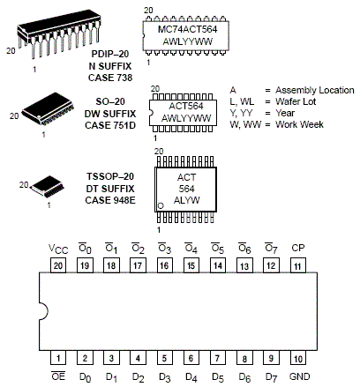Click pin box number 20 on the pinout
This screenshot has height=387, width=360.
[x=58, y=265]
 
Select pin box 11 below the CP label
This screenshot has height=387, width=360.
[x=298, y=265]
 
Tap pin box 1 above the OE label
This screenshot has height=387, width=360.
[x=58, y=358]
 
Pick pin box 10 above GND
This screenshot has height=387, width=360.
[x=298, y=358]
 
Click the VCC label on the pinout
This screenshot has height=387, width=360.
[x=58, y=249]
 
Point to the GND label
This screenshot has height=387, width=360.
[x=299, y=376]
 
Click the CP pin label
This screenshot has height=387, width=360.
[x=298, y=248]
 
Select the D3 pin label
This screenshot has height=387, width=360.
[x=165, y=377]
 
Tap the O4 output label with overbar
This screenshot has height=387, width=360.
[x=191, y=249]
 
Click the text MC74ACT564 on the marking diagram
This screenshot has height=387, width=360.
[x=188, y=29]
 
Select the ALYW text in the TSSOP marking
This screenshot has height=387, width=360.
[x=187, y=200]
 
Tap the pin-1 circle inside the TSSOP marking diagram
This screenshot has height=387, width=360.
[x=161, y=205]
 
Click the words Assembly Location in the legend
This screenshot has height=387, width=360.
[x=315, y=90]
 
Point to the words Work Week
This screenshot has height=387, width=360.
[x=299, y=124]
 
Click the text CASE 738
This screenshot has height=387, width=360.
[x=110, y=78]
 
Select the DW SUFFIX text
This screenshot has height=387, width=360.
[x=110, y=114]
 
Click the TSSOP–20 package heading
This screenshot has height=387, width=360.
[x=110, y=176]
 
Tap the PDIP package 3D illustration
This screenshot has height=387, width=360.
[x=59, y=33]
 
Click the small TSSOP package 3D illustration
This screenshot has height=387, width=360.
[x=48, y=186]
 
